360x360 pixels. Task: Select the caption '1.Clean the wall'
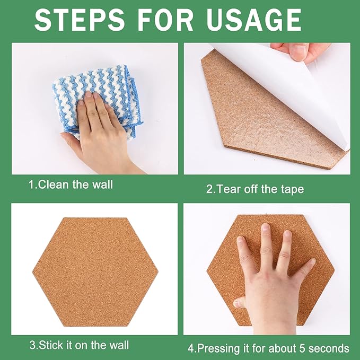[x=71, y=185]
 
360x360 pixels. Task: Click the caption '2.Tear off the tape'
[x=254, y=189]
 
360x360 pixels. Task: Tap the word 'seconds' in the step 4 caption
[x=331, y=348]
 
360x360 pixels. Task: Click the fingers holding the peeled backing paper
[x=300, y=51]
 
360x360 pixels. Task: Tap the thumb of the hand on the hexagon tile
[x=242, y=302]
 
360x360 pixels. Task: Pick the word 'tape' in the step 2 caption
[x=293, y=189]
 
